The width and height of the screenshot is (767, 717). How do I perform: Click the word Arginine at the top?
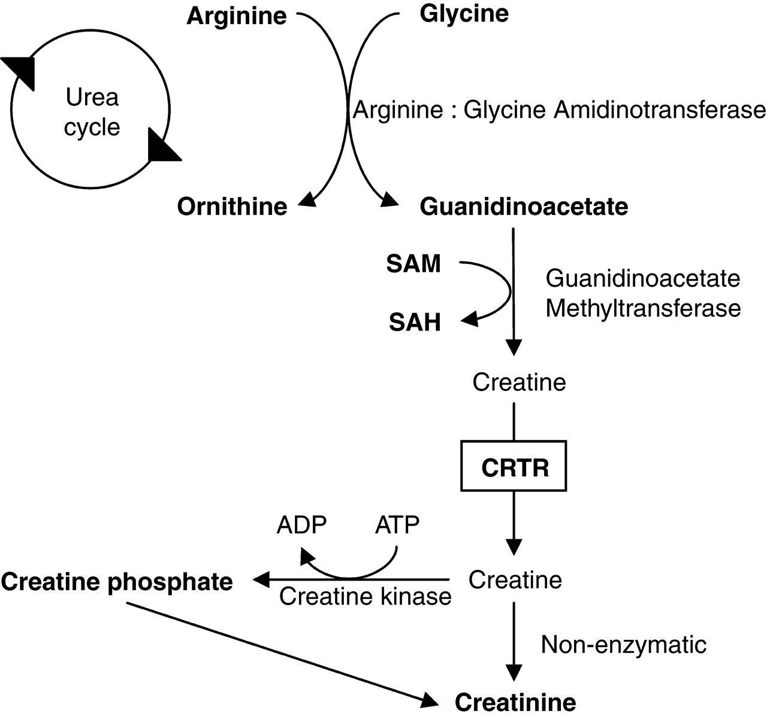237,16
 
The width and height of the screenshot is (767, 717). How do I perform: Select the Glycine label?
464,13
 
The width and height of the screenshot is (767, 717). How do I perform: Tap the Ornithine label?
232,206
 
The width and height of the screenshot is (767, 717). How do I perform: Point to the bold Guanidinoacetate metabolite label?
524,206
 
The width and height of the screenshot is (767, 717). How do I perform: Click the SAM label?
413,263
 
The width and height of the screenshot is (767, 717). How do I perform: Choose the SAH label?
415,323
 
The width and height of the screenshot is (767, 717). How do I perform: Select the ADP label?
301,525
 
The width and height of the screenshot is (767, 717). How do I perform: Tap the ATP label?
397,525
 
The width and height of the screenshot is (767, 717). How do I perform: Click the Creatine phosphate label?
117,581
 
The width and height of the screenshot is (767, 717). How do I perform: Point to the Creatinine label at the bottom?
515,701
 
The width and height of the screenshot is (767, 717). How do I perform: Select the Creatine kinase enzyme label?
365,596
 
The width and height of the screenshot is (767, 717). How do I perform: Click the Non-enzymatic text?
623,645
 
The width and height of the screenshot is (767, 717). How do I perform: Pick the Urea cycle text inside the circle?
92,113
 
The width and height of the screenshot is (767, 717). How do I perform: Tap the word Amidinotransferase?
659,111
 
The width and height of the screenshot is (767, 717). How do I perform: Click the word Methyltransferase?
643,308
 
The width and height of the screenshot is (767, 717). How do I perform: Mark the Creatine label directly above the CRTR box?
519,382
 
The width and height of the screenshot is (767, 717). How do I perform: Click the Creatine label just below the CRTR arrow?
515,579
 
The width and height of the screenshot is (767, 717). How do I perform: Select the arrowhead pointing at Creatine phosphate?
262,579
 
